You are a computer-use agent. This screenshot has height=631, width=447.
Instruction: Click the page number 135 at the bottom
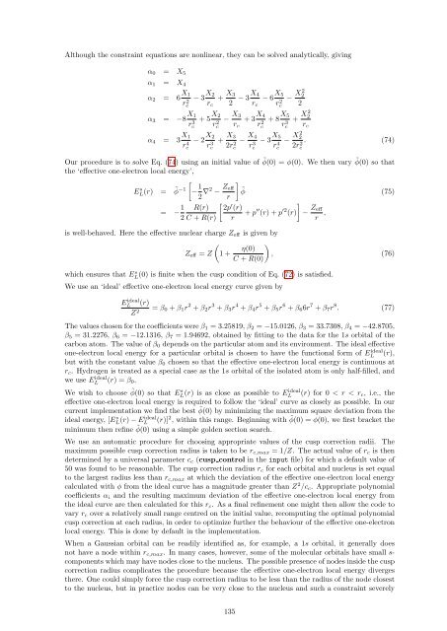pos(223,611)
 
